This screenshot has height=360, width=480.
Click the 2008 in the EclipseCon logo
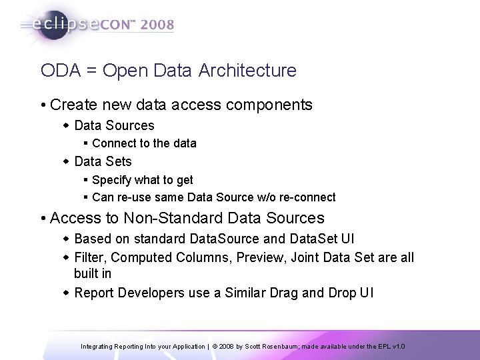tap(156, 25)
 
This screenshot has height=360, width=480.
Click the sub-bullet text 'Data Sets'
tap(103, 161)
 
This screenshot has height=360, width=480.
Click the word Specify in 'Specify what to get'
tap(111, 180)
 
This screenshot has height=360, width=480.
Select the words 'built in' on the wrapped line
tap(93, 273)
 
